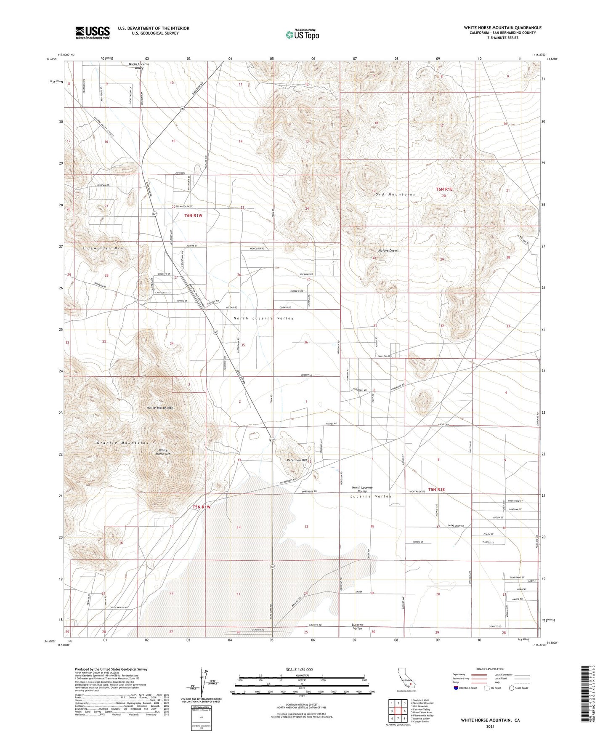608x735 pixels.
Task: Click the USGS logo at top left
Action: click(x=93, y=32)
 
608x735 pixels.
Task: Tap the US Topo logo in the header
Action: click(x=302, y=35)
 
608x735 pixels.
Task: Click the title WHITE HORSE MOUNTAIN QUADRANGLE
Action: click(x=502, y=28)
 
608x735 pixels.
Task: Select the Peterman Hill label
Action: click(x=297, y=460)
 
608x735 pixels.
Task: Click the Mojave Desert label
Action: click(x=388, y=250)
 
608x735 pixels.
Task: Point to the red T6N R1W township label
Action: click(x=196, y=215)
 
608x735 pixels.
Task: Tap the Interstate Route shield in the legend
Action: click(x=457, y=688)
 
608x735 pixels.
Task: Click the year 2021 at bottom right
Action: click(x=490, y=726)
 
